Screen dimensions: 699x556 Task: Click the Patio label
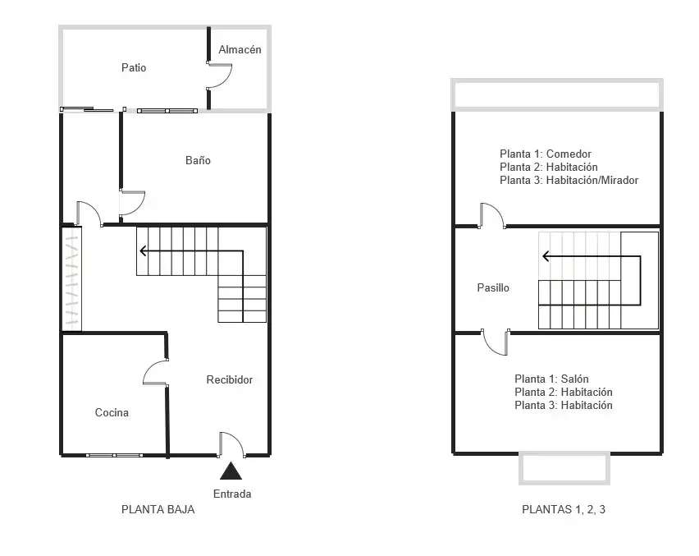[134, 67]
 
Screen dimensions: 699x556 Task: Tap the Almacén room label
[240, 49]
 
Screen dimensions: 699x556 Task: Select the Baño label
[198, 160]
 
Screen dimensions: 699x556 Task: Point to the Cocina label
[112, 412]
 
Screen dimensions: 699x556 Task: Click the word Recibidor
[230, 379]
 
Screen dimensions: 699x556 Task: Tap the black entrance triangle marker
[231, 471]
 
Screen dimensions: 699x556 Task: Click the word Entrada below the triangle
[232, 494]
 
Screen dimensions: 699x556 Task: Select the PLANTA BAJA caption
[158, 509]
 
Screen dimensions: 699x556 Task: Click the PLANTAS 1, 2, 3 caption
[564, 509]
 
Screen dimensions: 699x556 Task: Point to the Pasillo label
[493, 287]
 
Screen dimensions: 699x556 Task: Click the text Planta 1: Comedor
[546, 154]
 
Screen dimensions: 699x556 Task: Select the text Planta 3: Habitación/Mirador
[569, 181]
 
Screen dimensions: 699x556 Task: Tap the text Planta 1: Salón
[551, 379]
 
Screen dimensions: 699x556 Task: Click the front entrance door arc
[237, 439]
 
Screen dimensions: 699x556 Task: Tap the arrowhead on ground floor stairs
[143, 250]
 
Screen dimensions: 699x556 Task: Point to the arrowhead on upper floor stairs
[546, 256]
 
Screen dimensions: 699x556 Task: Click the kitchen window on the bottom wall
[115, 455]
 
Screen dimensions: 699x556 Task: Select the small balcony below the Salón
[564, 468]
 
